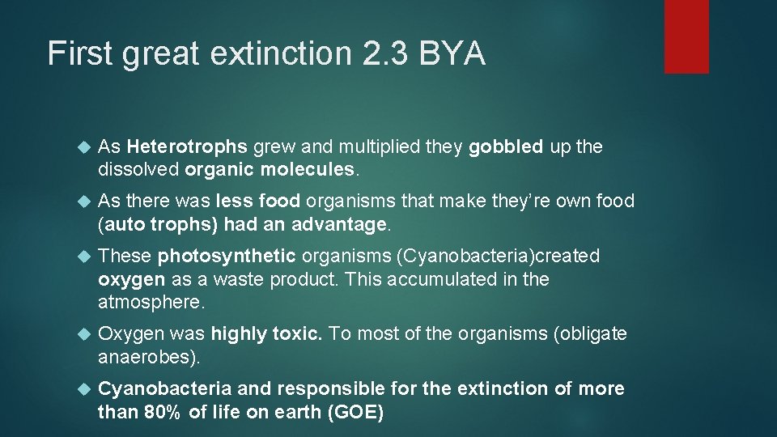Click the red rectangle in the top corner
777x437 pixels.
pyautogui.click(x=686, y=36)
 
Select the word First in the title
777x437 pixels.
pyautogui.click(x=79, y=54)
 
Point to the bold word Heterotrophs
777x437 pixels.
pyautogui.click(x=187, y=147)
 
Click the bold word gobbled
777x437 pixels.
pyautogui.click(x=506, y=147)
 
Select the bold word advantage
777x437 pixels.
pyautogui.click(x=340, y=223)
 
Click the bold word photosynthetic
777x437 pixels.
pyautogui.click(x=227, y=257)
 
